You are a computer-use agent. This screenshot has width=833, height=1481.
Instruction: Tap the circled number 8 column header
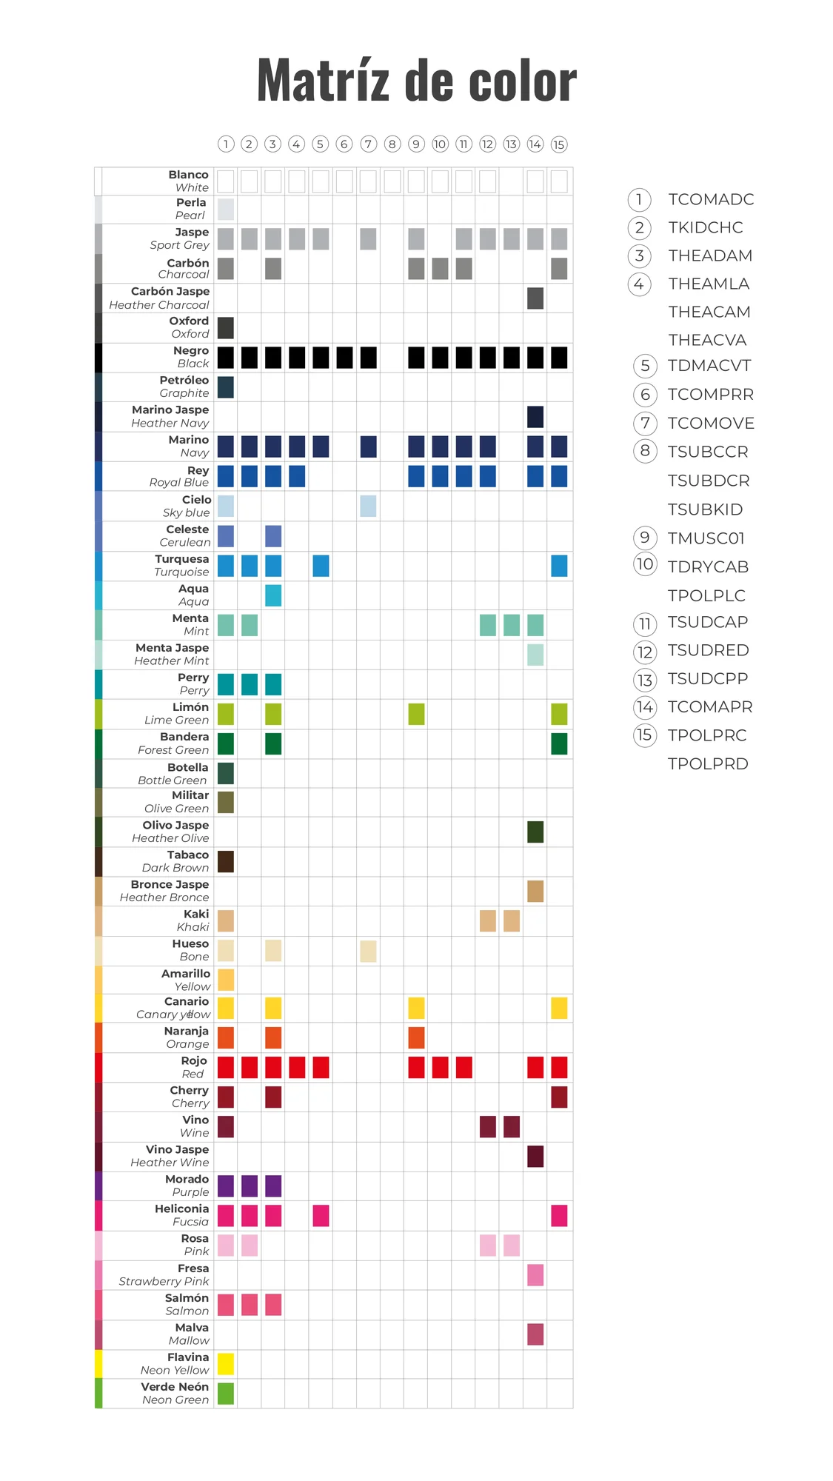pyautogui.click(x=392, y=144)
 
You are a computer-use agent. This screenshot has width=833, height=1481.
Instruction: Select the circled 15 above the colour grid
pyautogui.click(x=559, y=144)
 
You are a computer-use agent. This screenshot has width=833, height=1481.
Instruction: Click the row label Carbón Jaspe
pyautogui.click(x=170, y=291)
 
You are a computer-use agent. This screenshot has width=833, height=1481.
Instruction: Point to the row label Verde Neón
pyautogui.click(x=175, y=1386)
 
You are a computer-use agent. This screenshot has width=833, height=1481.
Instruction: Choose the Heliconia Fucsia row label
pyautogui.click(x=181, y=1215)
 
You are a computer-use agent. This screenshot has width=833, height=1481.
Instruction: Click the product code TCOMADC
pyautogui.click(x=711, y=199)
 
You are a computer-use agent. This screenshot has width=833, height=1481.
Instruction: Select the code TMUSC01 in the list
pyautogui.click(x=706, y=538)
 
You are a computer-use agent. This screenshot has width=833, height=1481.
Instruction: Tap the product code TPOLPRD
pyautogui.click(x=708, y=763)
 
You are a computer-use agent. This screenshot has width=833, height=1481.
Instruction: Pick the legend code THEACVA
pyautogui.click(x=707, y=340)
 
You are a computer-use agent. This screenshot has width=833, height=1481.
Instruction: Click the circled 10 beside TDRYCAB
pyautogui.click(x=645, y=564)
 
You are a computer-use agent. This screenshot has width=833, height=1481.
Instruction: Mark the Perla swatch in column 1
pyautogui.click(x=226, y=210)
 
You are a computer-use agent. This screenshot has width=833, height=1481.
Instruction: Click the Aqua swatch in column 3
pyautogui.click(x=273, y=595)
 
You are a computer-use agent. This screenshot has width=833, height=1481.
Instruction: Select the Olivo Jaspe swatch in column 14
pyautogui.click(x=535, y=832)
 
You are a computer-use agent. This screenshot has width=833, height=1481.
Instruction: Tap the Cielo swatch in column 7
pyautogui.click(x=368, y=506)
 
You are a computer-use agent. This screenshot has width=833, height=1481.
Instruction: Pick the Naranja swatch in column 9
pyautogui.click(x=417, y=1037)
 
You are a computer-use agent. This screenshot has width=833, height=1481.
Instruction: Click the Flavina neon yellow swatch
pyautogui.click(x=226, y=1363)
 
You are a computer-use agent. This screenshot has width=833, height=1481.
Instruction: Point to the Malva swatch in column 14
pyautogui.click(x=535, y=1334)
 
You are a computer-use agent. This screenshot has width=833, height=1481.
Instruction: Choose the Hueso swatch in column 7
pyautogui.click(x=368, y=951)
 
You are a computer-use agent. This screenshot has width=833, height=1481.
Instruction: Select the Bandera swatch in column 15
pyautogui.click(x=559, y=743)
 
